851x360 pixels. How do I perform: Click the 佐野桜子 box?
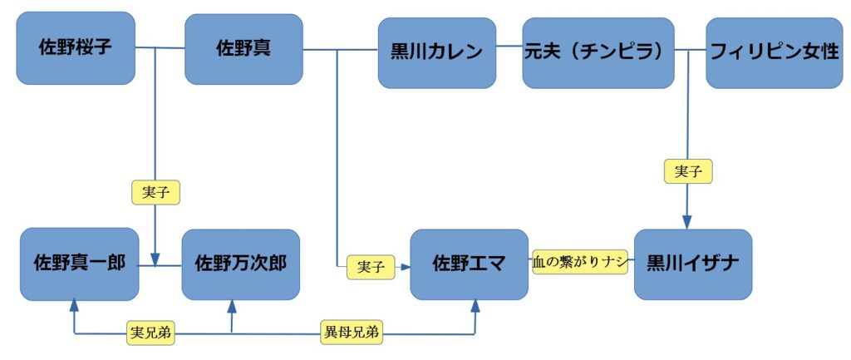coord(76,48)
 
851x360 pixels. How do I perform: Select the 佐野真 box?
coord(243,49)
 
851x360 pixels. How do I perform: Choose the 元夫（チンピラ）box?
coord(598,52)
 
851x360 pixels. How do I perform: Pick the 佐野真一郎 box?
coord(79,264)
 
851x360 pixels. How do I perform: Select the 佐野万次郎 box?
coord(240,264)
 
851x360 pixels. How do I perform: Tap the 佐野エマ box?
coord(469,264)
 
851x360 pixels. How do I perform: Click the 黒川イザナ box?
coord(692,264)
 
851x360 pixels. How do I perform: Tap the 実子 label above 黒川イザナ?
coord(688,171)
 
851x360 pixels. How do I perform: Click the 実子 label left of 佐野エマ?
coord(370,267)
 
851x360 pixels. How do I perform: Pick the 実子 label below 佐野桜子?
coord(156,193)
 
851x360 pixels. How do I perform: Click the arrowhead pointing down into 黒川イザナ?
coord(688,222)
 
